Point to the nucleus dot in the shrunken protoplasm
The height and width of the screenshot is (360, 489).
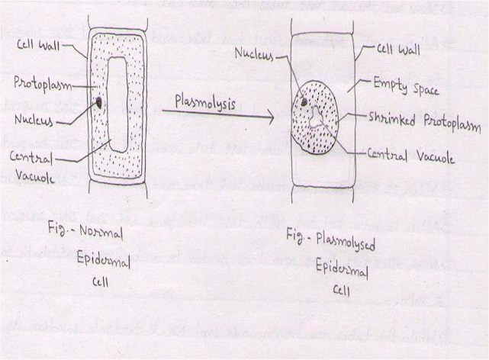coord(304,100)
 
